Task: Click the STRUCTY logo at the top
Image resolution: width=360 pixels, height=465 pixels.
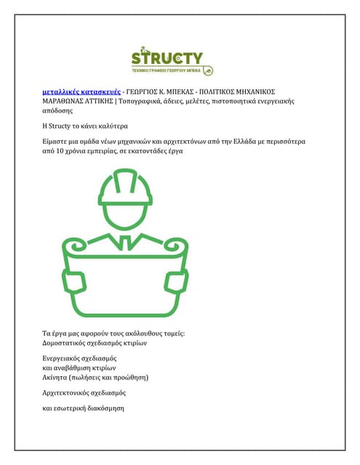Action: tap(172, 61)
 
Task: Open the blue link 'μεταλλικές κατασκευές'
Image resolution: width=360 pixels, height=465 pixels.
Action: tap(80, 93)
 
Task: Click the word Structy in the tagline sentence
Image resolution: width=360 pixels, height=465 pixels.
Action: tap(66, 124)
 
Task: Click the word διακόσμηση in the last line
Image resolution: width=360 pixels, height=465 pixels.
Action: tap(104, 409)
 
